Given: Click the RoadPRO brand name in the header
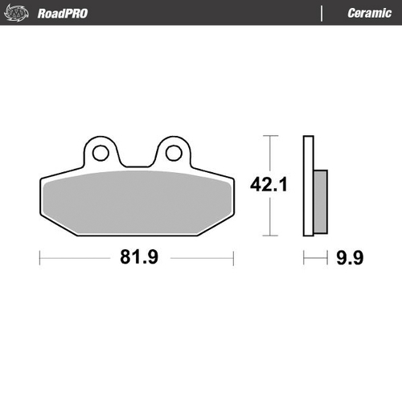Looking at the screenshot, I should [64, 13].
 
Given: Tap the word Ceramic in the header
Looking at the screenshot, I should [369, 13].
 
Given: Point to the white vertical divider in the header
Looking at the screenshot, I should [322, 13].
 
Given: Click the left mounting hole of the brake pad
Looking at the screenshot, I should [100, 152].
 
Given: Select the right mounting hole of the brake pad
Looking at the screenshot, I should [172, 152].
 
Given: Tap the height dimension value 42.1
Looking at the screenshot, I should [269, 185].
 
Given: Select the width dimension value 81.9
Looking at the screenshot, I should [136, 258].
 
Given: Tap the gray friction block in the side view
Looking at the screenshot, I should [320, 200].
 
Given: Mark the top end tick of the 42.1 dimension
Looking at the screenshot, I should [270, 137].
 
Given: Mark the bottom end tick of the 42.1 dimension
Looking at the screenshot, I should [270, 236].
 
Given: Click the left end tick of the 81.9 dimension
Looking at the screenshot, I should [39, 258].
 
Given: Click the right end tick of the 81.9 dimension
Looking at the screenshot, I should [233, 258].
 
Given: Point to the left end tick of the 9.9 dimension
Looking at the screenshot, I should [303, 258].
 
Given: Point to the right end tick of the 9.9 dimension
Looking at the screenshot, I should [328, 258].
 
